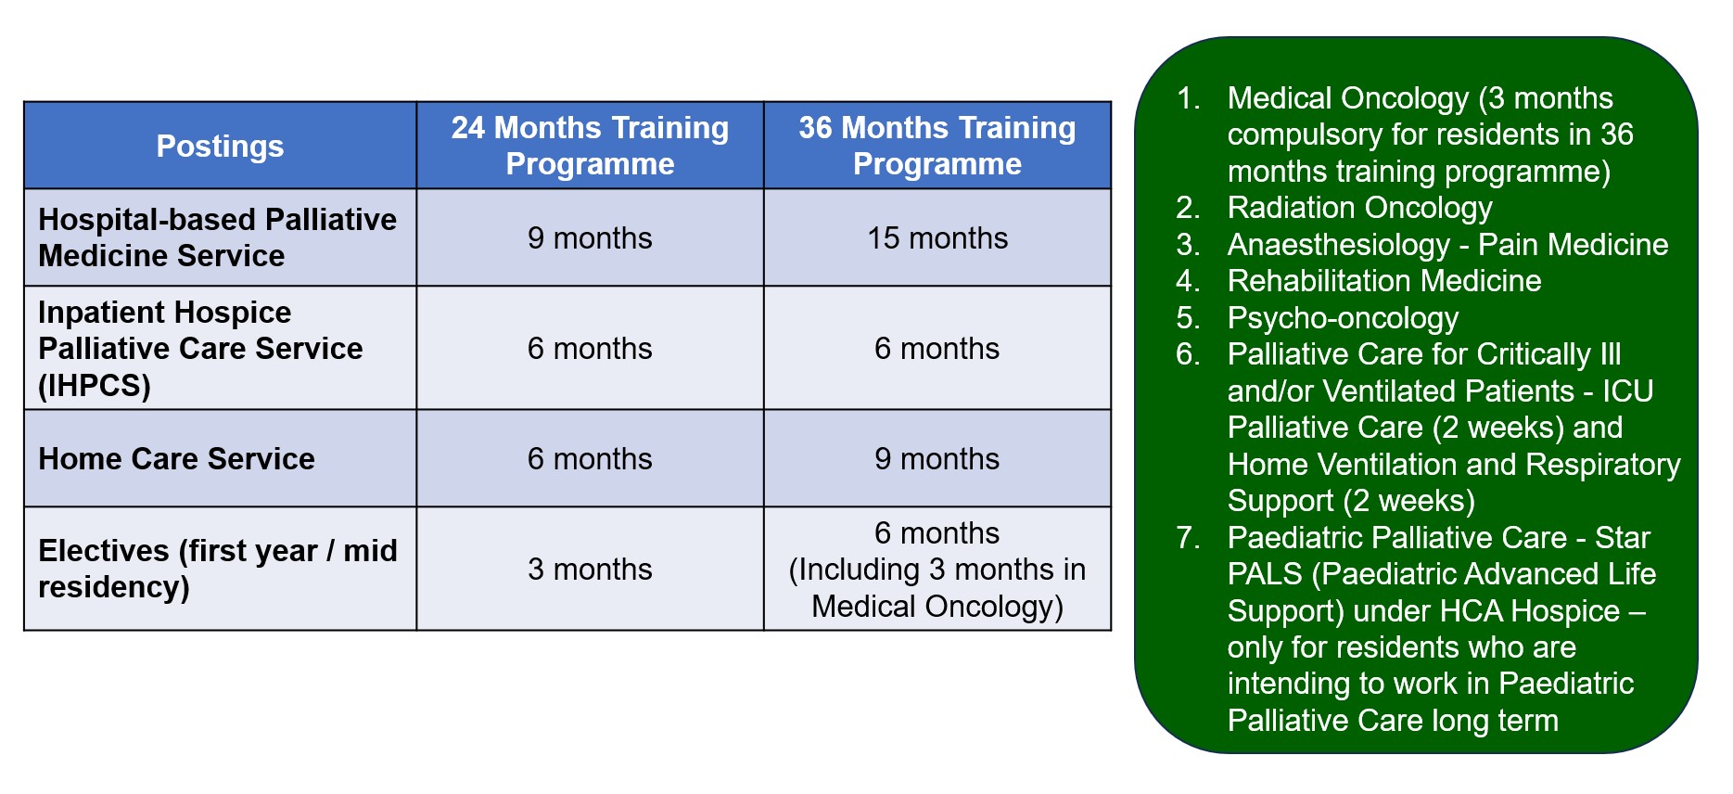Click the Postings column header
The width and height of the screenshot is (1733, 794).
220,146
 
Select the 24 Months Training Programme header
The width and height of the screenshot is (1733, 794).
590,145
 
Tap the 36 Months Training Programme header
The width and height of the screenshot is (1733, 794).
937,145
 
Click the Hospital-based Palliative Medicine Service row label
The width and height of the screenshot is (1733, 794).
217,237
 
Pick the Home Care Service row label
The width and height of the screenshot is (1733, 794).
176,458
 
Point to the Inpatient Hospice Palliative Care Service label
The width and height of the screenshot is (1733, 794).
200,348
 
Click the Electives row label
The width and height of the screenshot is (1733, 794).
218,569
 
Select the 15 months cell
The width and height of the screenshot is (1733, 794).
937,237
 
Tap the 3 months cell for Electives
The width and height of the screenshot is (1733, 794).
590,569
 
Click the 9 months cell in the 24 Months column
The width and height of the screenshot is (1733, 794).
590,237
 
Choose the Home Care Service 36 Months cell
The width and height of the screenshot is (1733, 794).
937,458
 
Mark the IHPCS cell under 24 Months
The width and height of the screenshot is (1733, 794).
590,348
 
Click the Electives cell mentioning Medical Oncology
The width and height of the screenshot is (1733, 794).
937,569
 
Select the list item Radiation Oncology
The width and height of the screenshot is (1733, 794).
1359,208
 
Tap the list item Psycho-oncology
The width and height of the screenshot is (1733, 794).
1343,317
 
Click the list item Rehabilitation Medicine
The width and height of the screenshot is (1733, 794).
1383,280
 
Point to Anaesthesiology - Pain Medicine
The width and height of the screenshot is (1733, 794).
1447,244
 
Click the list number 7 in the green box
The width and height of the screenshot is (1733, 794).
1187,537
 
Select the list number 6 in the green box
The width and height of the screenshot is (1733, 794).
1187,353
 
